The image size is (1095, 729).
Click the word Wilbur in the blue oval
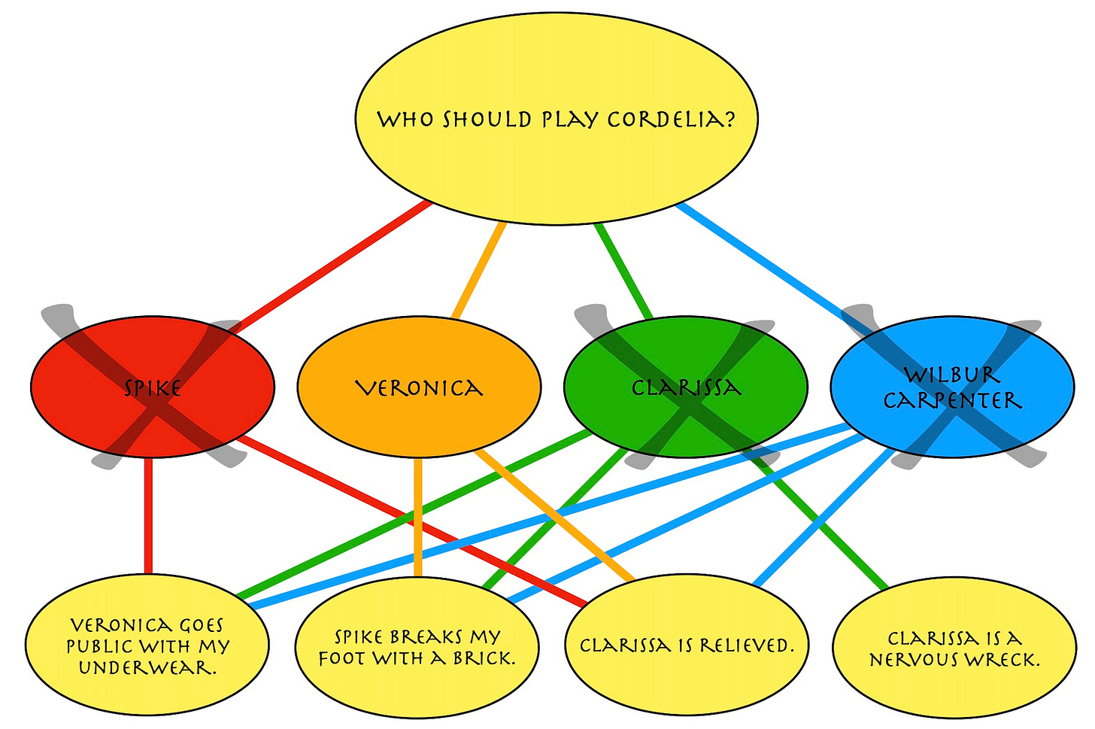coord(952,375)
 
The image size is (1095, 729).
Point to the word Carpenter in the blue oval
coord(952,400)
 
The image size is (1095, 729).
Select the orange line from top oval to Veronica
coord(478,271)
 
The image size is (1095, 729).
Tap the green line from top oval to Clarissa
coord(624,271)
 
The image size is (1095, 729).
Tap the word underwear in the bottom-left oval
coord(147,667)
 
